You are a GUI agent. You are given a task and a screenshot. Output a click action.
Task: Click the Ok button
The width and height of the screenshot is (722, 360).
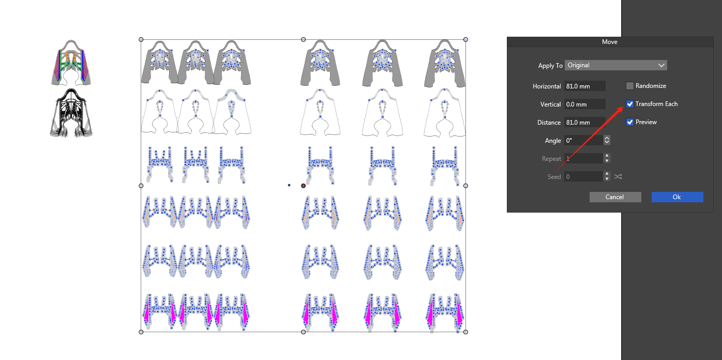pos(677,197)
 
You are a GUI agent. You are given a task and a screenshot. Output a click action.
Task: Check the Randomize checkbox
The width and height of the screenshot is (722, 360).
pos(629,86)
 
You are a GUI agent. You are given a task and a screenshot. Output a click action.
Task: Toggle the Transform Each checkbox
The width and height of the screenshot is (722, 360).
pos(629,104)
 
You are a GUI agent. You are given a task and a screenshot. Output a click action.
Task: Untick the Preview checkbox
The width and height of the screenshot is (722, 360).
pos(629,122)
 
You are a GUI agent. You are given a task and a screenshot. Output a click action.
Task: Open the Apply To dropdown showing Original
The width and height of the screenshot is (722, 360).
pos(615,65)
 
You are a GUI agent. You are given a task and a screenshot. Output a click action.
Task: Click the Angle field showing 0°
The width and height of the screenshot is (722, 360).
pos(584,140)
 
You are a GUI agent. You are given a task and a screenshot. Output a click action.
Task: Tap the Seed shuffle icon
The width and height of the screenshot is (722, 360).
pos(618,176)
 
